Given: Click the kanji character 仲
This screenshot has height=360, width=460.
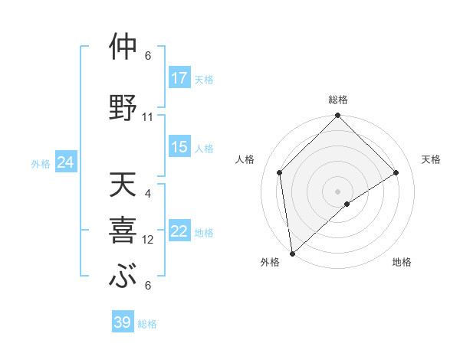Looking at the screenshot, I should tap(123, 47).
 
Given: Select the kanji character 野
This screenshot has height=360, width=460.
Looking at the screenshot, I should tap(123, 108).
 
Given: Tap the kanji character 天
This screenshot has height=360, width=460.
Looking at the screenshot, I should tap(123, 186).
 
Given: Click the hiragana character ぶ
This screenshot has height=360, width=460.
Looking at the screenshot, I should tap(123, 277).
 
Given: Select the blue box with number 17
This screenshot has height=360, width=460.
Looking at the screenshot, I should tap(179, 77).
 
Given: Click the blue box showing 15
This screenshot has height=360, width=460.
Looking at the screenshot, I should tap(179, 147).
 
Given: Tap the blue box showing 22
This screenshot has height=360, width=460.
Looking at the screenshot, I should tap(179, 231).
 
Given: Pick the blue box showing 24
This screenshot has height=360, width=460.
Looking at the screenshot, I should tap(66, 162).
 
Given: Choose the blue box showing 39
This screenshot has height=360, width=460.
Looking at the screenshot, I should tap(123, 322).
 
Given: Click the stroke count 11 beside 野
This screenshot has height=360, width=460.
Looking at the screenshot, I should tap(148, 117).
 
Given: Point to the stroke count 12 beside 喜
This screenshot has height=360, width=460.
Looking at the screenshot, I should tap(148, 240).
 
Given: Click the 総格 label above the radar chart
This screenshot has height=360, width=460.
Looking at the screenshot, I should tap(337, 100).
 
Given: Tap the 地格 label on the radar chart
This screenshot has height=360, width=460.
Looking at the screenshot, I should tap(402, 263).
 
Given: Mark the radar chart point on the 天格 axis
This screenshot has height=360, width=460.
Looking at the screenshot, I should tap(396, 172).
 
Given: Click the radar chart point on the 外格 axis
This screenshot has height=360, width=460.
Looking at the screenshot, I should tap(292, 254).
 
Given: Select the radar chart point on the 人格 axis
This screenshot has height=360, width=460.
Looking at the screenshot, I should tap(280, 172).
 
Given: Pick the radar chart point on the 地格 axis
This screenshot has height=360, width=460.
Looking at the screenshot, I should tap(347, 204).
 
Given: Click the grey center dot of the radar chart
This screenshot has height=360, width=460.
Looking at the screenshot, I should tap(337, 191).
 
